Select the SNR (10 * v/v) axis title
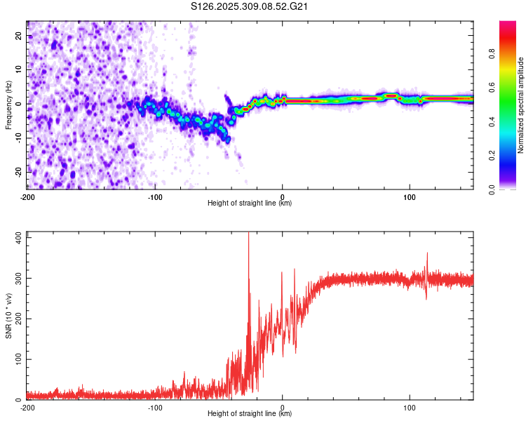pos(8,316)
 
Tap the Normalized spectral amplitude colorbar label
pos(520,105)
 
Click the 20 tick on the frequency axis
pos(19,36)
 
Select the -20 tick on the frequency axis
pos(18,172)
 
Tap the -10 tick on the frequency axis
pos(18,138)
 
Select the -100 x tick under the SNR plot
pos(155,408)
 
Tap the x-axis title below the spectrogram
pos(250,203)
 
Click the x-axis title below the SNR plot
pos(250,414)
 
